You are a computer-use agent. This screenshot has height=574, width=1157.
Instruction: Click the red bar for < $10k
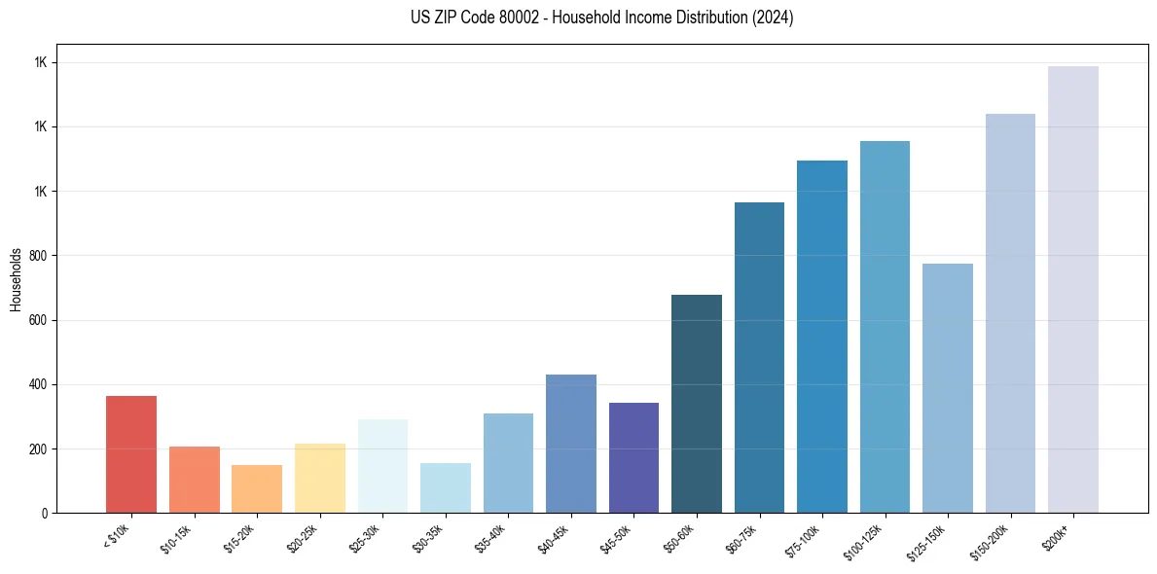click(131, 454)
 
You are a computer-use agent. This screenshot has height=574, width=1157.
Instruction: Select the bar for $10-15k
click(194, 480)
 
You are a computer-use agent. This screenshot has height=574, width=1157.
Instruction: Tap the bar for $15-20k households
click(257, 488)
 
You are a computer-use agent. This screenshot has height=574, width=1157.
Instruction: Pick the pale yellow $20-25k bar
click(319, 478)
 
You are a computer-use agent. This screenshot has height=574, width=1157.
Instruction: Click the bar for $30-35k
click(445, 487)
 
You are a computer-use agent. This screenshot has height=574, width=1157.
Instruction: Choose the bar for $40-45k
click(570, 444)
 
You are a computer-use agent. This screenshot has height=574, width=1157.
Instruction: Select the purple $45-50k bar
click(633, 457)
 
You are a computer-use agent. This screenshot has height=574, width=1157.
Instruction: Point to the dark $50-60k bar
click(696, 404)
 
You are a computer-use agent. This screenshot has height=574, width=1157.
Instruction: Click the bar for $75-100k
click(821, 337)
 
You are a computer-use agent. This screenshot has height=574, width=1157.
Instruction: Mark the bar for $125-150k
click(947, 388)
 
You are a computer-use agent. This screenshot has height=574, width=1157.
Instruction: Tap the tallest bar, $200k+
click(1072, 289)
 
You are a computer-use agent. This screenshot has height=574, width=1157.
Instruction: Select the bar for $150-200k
click(1010, 313)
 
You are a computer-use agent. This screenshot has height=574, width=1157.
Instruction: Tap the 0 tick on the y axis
click(43, 513)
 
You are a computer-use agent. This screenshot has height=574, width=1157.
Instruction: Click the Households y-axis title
click(16, 278)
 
